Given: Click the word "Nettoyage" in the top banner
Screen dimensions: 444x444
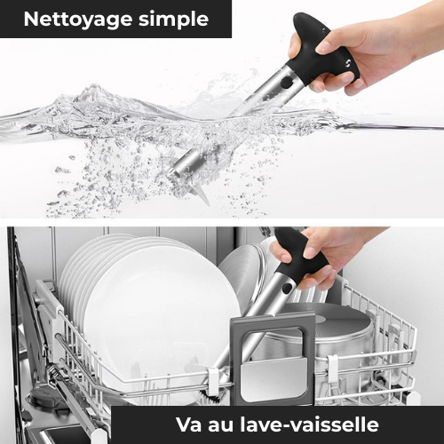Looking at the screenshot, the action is [x=78, y=20].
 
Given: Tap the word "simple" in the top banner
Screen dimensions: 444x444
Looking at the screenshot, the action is [x=174, y=20].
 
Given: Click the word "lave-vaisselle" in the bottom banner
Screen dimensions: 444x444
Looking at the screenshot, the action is [x=309, y=424].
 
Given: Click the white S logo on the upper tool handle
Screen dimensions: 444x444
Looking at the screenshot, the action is [x=348, y=63].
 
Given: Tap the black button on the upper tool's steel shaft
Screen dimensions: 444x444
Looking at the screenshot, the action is [x=287, y=82].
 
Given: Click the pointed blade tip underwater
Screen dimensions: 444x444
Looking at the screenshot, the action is [x=204, y=198].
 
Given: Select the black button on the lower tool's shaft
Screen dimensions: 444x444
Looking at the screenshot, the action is [x=287, y=288].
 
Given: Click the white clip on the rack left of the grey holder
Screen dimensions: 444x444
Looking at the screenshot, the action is [x=213, y=382].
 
